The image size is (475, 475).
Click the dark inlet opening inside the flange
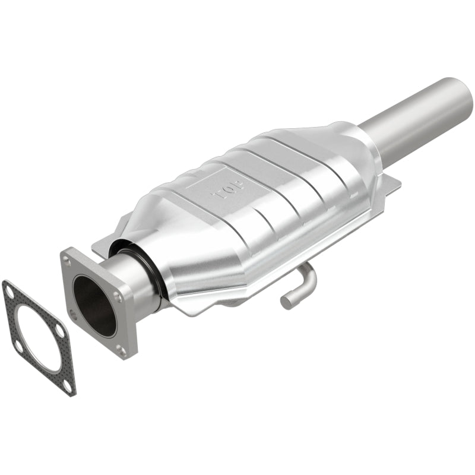(94, 302)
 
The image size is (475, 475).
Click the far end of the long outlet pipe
(463, 95)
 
